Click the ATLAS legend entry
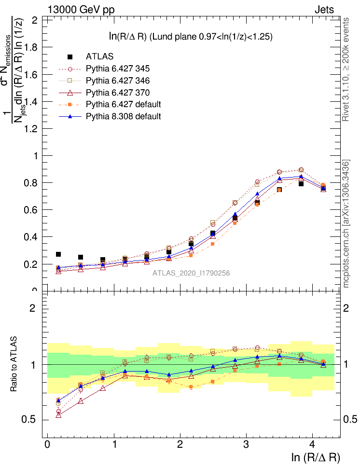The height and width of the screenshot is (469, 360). [x=99, y=57]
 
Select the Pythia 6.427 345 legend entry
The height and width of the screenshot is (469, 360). [x=116, y=69]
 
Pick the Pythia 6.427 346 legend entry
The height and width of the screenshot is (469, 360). [x=116, y=80]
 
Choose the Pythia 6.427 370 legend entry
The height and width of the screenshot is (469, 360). [x=116, y=92]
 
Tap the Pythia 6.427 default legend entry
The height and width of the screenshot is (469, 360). [x=123, y=104]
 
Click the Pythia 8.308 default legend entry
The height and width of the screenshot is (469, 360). [x=123, y=116]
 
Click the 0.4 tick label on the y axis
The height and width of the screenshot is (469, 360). [x=32, y=237]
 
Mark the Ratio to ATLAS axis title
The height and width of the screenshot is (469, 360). [x=14, y=364]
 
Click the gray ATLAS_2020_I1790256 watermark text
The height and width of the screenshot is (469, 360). [x=191, y=273]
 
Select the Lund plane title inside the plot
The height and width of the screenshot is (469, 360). [x=191, y=36]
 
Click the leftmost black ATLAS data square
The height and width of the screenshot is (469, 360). [x=58, y=254]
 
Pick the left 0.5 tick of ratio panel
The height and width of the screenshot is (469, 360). [x=32, y=419]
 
